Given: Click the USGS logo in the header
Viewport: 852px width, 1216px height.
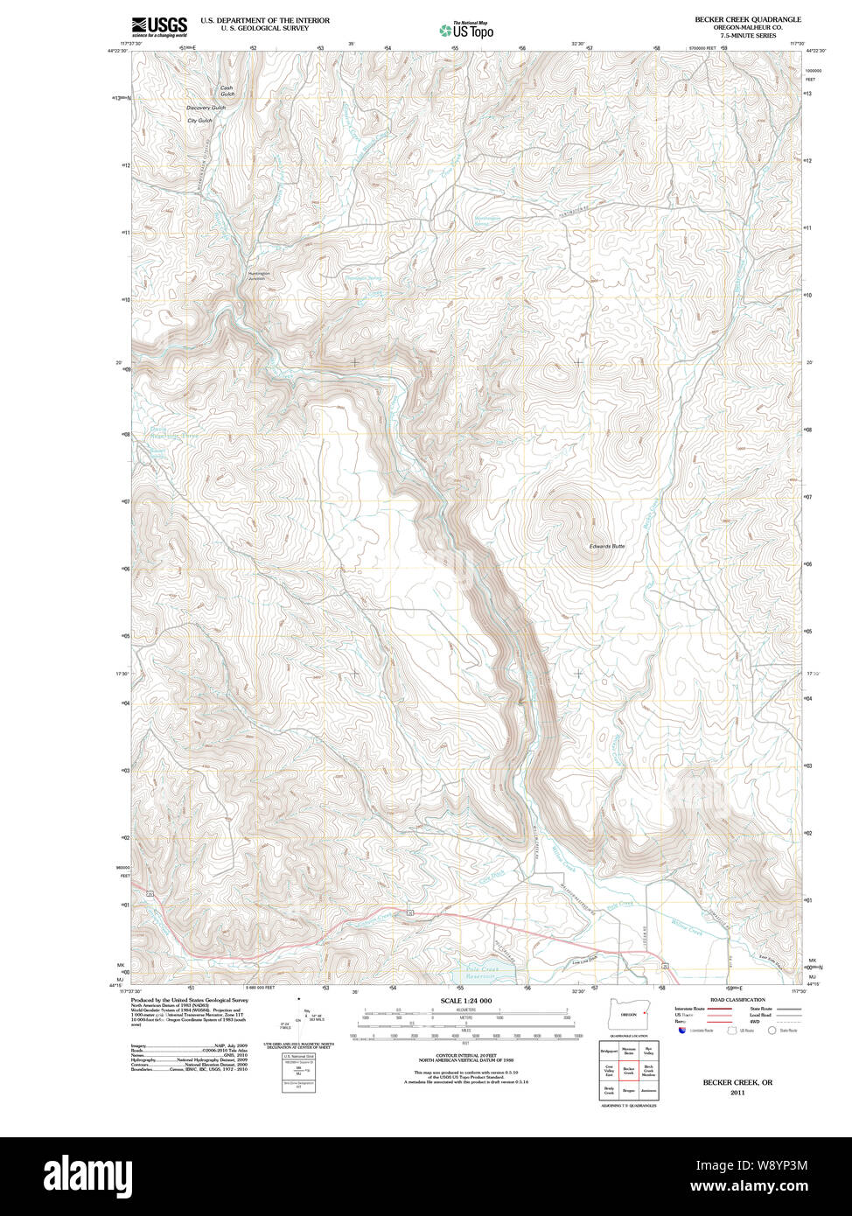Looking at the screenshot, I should (158, 26).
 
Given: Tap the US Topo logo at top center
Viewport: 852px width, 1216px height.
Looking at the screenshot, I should (466, 30).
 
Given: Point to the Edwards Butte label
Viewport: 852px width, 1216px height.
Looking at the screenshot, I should (606, 546).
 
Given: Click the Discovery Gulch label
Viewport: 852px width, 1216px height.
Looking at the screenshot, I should (206, 108).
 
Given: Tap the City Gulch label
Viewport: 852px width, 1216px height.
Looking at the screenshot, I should (199, 121).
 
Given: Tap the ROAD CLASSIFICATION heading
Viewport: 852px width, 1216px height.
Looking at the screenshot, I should (738, 999).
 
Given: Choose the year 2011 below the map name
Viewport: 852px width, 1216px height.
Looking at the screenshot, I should (737, 1092).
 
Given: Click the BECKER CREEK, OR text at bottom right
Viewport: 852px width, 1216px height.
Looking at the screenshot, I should (737, 1082).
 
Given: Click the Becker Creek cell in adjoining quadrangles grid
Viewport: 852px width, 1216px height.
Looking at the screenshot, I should (628, 1070).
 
